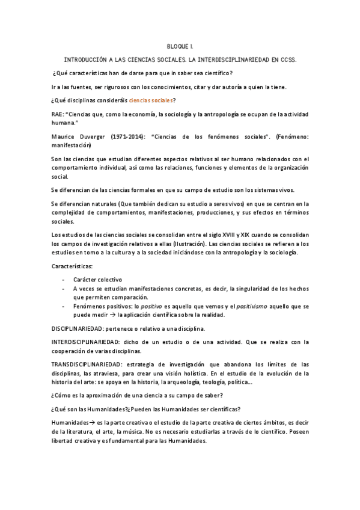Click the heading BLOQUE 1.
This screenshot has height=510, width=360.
coord(180,46)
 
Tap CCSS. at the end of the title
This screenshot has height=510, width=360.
coord(286,60)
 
